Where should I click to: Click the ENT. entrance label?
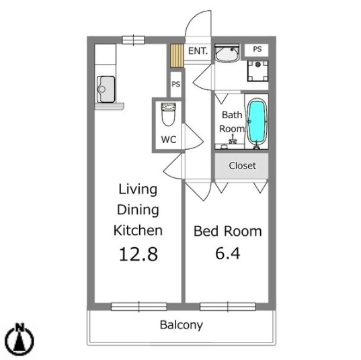pyautogui.click(x=198, y=51)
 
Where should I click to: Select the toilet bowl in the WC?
pyautogui.click(x=168, y=116)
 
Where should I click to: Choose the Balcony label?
pyautogui.click(x=181, y=326)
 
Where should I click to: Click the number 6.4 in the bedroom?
pyautogui.click(x=227, y=256)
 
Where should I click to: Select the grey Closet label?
pyautogui.click(x=242, y=166)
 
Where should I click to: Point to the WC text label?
pyautogui.click(x=168, y=140)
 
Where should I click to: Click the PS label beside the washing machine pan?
pyautogui.click(x=257, y=49)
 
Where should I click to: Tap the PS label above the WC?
pyautogui.click(x=175, y=84)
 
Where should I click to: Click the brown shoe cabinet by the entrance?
pyautogui.click(x=177, y=55)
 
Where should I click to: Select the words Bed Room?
pyautogui.click(x=227, y=232)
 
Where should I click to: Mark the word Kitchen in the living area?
pyautogui.click(x=137, y=231)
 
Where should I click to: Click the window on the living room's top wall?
pyautogui.click(x=133, y=39)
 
